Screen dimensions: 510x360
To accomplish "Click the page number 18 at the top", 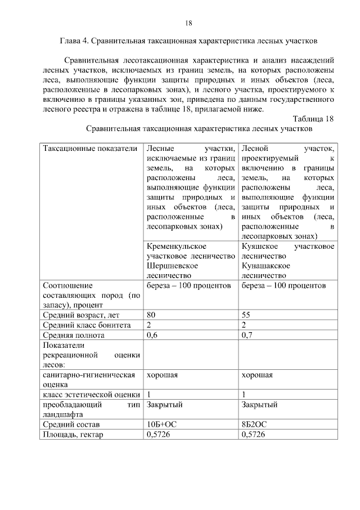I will [189, 23].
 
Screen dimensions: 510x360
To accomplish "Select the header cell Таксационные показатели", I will [90, 148].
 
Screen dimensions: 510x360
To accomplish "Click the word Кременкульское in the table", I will [175, 247].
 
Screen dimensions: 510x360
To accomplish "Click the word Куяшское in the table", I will [260, 247].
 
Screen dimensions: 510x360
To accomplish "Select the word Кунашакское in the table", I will [265, 266].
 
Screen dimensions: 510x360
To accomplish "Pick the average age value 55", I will [246, 315].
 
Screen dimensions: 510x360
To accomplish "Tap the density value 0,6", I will [152, 335].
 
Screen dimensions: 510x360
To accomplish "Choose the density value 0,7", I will [247, 335].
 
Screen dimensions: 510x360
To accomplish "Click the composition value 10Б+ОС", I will [161, 424].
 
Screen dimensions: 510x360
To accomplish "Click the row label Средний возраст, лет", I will [78, 315].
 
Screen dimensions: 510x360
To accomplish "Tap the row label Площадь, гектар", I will [73, 435].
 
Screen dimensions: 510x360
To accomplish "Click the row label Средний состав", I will [71, 424].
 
